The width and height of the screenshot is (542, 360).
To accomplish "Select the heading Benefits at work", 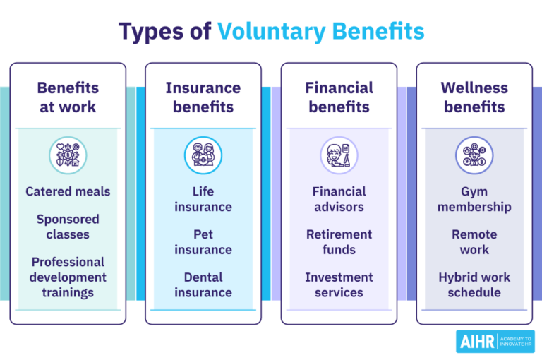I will tap(68, 97).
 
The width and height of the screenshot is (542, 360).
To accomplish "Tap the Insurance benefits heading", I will tap(203, 97).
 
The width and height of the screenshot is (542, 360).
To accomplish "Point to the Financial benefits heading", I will tap(339, 97).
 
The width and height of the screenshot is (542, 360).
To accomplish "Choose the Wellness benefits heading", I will tap(474, 97).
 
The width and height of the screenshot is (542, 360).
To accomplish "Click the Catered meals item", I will tap(68, 191).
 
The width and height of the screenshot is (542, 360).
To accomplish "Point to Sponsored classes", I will tap(68, 227).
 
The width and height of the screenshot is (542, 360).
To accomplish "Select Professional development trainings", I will tap(68, 277).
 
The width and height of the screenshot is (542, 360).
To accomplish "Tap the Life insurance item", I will tap(203, 199).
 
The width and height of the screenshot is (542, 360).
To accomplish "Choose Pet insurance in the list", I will tap(203, 242).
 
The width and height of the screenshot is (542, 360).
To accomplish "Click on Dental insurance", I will tap(203, 284).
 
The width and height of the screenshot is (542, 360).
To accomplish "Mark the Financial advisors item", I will tap(339, 199).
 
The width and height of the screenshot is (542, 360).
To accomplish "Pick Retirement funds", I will tap(339, 242).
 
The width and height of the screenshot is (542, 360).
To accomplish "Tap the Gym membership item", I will tap(474, 199).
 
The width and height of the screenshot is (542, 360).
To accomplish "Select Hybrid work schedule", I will tap(474, 284).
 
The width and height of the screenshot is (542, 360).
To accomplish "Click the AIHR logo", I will tap(495, 341).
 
